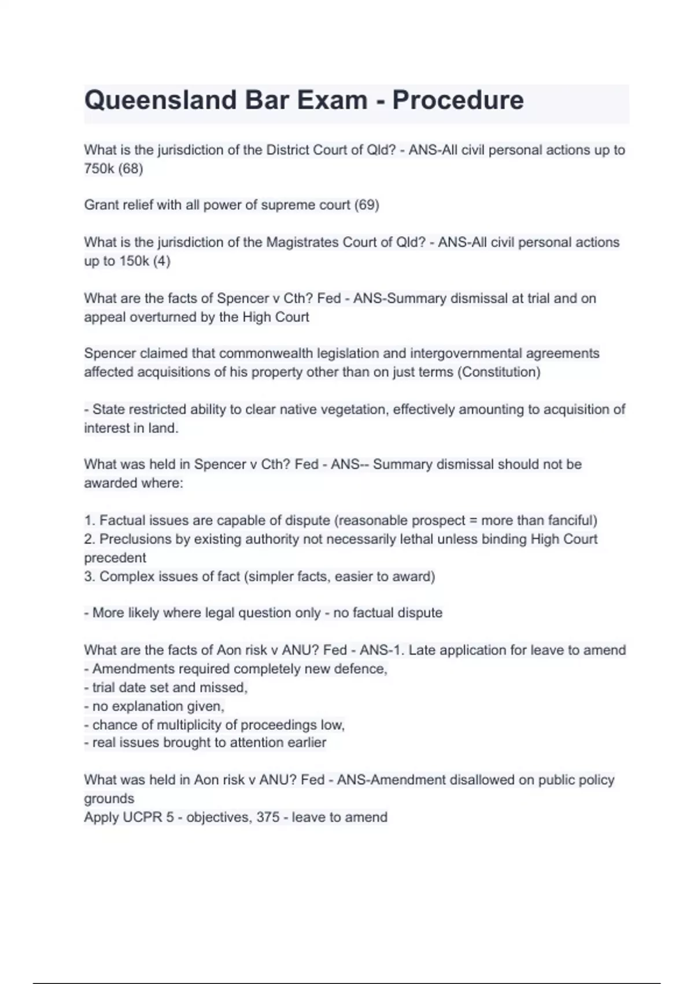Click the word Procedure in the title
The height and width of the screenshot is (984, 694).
click(458, 100)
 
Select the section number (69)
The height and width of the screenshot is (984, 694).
click(367, 205)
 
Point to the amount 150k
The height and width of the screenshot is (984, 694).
click(134, 261)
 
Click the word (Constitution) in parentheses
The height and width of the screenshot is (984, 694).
click(499, 372)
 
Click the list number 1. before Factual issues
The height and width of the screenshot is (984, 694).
click(90, 520)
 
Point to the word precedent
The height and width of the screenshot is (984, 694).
click(115, 558)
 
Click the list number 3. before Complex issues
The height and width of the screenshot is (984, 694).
click(90, 577)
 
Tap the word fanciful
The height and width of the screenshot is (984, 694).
click(571, 520)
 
